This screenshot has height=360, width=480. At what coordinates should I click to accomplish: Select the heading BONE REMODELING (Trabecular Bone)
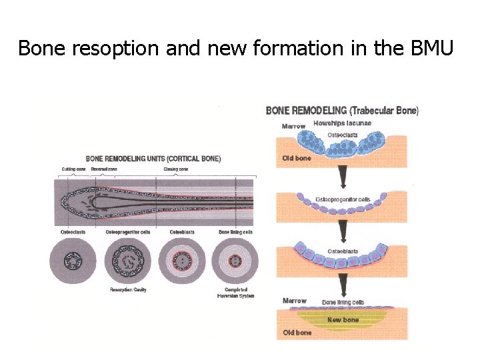(342, 110)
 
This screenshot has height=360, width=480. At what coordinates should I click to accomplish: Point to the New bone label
(343, 320)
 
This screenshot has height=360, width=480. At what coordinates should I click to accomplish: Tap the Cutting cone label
(73, 169)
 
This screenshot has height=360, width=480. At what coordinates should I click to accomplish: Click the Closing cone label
(177, 169)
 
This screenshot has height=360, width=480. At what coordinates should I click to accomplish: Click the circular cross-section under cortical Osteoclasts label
(73, 261)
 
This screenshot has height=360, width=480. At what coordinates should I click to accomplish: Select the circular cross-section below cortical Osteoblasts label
(181, 261)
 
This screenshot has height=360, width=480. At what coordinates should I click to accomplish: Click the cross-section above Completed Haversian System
(235, 261)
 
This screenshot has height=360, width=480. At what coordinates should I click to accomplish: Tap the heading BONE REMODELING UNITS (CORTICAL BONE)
(153, 159)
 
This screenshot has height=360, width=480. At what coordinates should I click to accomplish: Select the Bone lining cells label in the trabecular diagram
(343, 303)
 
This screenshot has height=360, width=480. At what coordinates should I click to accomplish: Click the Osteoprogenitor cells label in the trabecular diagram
(343, 199)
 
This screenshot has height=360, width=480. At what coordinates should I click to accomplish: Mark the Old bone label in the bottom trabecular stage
(297, 332)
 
